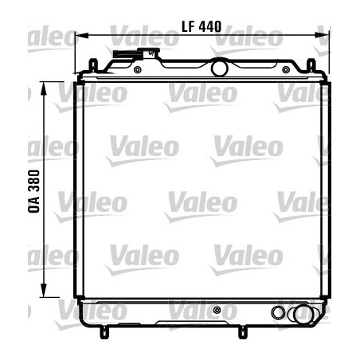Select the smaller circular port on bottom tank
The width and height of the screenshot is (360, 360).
[278, 312]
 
